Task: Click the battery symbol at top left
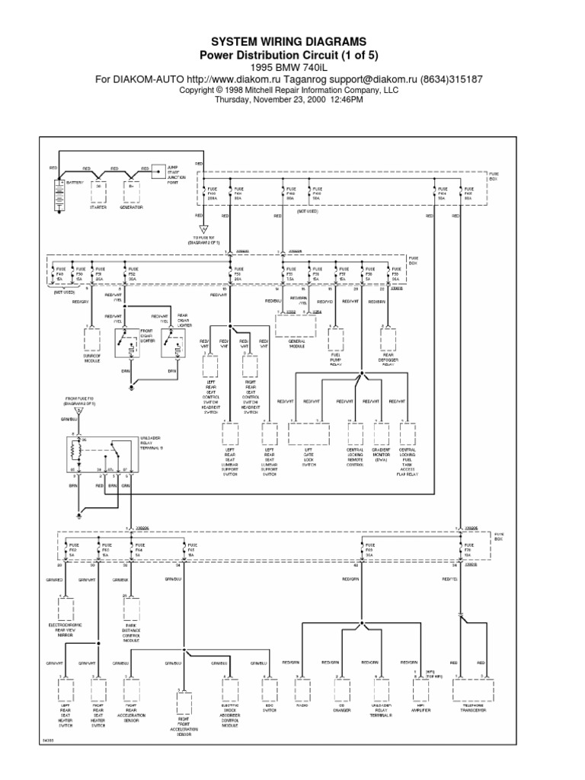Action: [59, 194]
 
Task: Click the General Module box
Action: [295, 326]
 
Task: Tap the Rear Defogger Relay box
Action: [389, 337]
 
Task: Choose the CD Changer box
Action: [335, 689]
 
